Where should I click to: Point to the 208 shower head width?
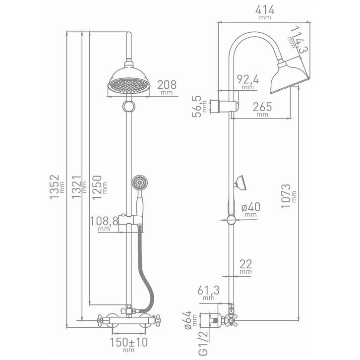[x=167, y=85]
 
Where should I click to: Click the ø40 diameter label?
[x=251, y=207]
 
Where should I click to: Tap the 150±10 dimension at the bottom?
[x=128, y=343]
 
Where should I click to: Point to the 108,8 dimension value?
[x=104, y=221]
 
